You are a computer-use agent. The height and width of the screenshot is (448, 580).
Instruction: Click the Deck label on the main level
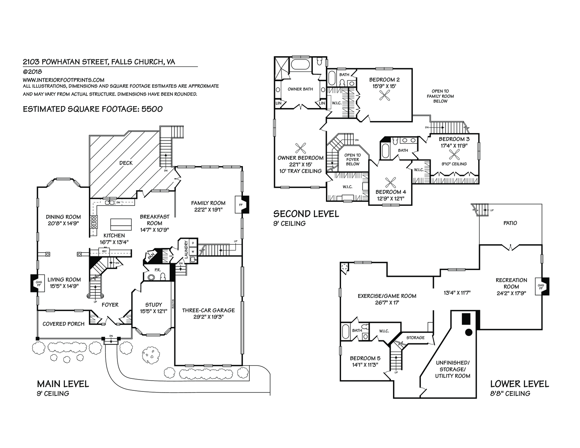pyautogui.click(x=126, y=163)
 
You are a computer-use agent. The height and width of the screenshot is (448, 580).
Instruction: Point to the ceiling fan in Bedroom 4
pyautogui.click(x=390, y=182)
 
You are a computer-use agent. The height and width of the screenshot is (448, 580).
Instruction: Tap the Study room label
pyautogui.click(x=153, y=305)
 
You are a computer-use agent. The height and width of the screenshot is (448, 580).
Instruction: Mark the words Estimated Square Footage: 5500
pyautogui.click(x=92, y=109)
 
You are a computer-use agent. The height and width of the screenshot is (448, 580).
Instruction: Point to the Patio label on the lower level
pyautogui.click(x=510, y=223)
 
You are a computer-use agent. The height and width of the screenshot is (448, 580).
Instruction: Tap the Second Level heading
pyautogui.click(x=306, y=214)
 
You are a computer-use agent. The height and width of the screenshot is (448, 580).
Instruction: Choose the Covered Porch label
pyautogui.click(x=63, y=324)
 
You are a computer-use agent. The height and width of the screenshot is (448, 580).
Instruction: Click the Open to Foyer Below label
pyautogui.click(x=352, y=159)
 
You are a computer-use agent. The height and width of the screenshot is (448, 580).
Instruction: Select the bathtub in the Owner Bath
pyautogui.click(x=301, y=65)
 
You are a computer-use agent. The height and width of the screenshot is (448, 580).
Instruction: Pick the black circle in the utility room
pyautogui.click(x=468, y=332)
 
